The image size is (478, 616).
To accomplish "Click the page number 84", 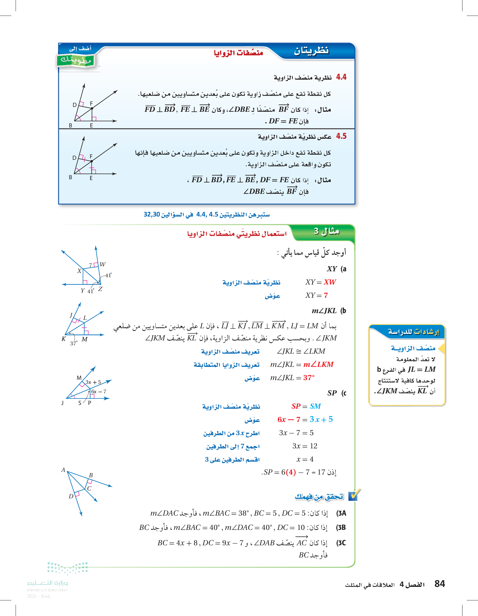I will pyautogui.click(x=440, y=584).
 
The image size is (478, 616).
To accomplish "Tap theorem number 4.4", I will pyautogui.click(x=341, y=77).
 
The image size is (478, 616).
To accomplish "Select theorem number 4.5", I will pyautogui.click(x=341, y=136).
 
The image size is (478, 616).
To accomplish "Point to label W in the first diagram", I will pyautogui.click(x=103, y=264).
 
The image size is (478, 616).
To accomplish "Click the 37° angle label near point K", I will pyautogui.click(x=74, y=343).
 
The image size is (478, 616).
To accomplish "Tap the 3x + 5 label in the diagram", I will pyautogui.click(x=93, y=382).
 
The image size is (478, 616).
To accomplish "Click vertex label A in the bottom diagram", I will pyautogui.click(x=63, y=470).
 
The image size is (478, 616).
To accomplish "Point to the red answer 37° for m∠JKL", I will pyautogui.click(x=309, y=378).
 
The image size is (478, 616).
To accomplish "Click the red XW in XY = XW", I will pyautogui.click(x=329, y=282).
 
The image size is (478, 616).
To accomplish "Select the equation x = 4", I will pyautogui.click(x=305, y=459).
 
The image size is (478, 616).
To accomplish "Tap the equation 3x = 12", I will pyautogui.click(x=305, y=446).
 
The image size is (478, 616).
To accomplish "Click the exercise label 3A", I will pyautogui.click(x=341, y=513).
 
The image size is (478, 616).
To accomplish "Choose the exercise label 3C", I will pyautogui.click(x=341, y=543).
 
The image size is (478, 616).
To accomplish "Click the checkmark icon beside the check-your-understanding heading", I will pyautogui.click(x=354, y=496).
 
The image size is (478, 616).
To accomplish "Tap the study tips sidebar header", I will pyautogui.click(x=413, y=332).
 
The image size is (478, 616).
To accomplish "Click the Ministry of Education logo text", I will pyautogui.click(x=48, y=583).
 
